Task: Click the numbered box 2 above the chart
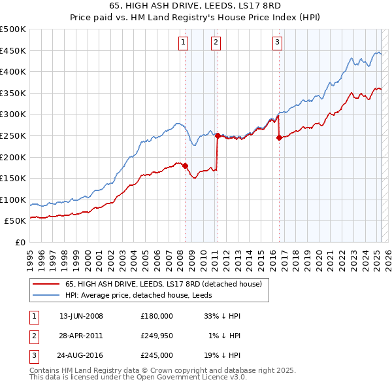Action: [215, 43]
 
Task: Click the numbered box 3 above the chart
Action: [277, 43]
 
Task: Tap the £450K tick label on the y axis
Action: [13, 50]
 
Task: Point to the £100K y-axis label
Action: [13, 200]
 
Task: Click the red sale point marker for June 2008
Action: [185, 166]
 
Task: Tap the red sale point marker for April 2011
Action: [218, 135]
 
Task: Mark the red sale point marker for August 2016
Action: [279, 137]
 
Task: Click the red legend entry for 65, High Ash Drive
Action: [163, 284]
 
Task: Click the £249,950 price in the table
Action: [157, 336]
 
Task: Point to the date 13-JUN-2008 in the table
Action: [81, 316]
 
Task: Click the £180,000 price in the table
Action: [157, 316]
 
